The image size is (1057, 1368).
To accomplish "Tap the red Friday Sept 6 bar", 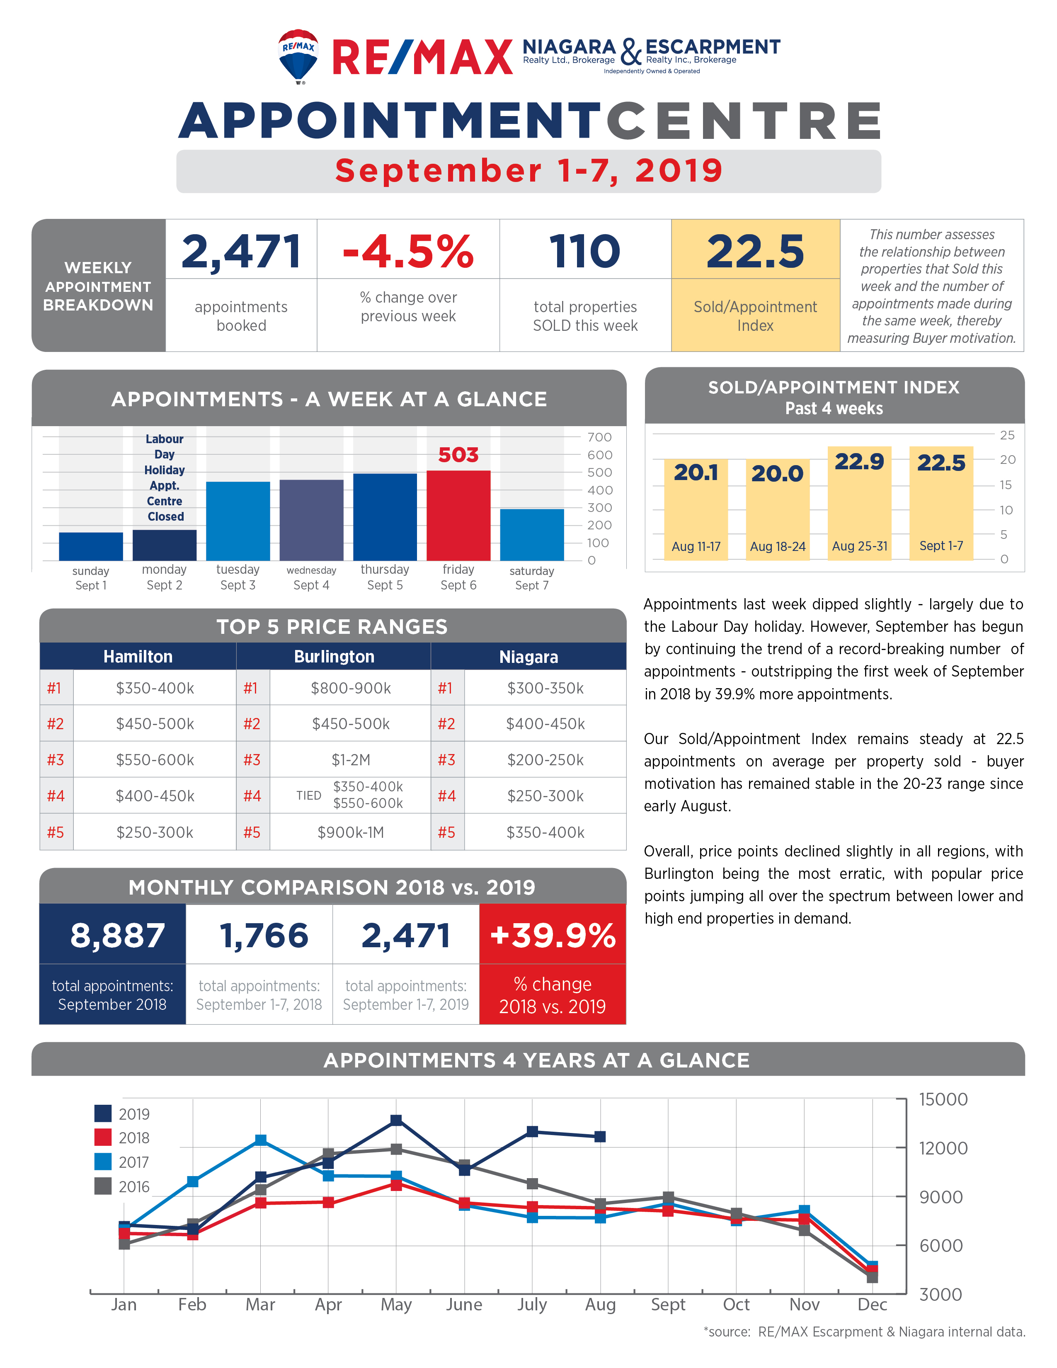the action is pyautogui.click(x=458, y=516).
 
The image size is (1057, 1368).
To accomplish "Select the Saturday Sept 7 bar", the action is pyautogui.click(x=532, y=535).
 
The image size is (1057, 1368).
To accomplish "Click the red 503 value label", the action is pyautogui.click(x=458, y=455).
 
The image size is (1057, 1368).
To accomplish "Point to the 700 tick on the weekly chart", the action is pyautogui.click(x=599, y=437).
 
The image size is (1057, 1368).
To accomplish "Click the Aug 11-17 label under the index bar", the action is pyautogui.click(x=696, y=546).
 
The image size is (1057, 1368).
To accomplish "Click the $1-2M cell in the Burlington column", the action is pyautogui.click(x=351, y=760).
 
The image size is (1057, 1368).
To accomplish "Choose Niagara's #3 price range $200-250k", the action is pyautogui.click(x=545, y=760).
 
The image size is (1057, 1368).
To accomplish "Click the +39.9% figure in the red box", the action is pyautogui.click(x=553, y=935).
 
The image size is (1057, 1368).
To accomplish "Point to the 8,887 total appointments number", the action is pyautogui.click(x=118, y=936).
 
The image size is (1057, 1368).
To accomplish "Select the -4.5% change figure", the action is pyautogui.click(x=408, y=251).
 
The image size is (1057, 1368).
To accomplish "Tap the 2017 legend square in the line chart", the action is pyautogui.click(x=103, y=1162).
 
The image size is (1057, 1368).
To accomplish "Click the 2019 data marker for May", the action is pyautogui.click(x=396, y=1121).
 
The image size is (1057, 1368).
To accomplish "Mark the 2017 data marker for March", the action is pyautogui.click(x=260, y=1140).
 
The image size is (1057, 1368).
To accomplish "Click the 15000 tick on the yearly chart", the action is pyautogui.click(x=943, y=1099).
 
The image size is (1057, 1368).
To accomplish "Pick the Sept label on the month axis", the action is pyautogui.click(x=668, y=1305).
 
